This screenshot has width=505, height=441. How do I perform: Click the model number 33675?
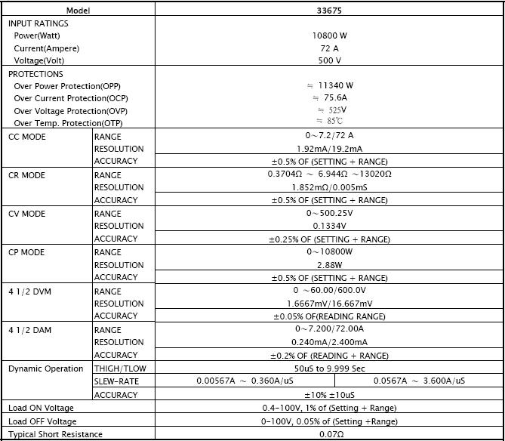(328, 11)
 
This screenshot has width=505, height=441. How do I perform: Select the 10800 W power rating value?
(329, 35)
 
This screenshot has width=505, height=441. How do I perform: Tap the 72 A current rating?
(329, 48)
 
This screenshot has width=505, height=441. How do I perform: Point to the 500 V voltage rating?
(329, 60)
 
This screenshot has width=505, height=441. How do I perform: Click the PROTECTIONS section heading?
(35, 74)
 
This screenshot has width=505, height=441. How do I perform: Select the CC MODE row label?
(27, 137)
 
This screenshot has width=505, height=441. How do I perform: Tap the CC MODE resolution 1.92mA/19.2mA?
(329, 149)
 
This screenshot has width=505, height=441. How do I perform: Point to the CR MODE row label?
(27, 175)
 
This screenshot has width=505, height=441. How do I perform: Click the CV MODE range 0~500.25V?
(329, 214)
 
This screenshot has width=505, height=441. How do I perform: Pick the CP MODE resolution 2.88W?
(329, 265)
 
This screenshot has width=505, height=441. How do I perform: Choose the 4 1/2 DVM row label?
(29, 291)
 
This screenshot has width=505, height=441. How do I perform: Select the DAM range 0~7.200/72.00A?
(329, 330)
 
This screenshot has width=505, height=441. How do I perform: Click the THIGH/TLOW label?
(119, 369)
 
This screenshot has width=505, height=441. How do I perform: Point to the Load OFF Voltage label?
(42, 421)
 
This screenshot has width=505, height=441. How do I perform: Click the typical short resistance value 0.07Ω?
(329, 434)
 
